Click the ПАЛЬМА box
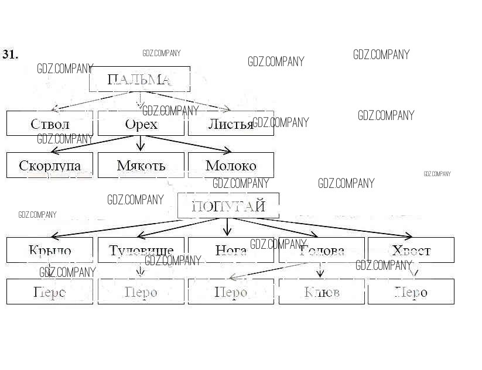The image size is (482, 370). (139, 79)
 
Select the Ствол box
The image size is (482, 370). (50, 124)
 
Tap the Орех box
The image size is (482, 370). (141, 124)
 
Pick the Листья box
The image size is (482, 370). (231, 124)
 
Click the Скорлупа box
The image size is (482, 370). (50, 165)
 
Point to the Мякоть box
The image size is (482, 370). (141, 165)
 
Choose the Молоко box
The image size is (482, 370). (231, 165)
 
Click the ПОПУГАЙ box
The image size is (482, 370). (228, 206)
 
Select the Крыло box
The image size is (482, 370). (50, 250)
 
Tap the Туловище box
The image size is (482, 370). (141, 250)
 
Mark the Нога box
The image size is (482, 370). (231, 250)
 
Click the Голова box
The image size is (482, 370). (322, 250)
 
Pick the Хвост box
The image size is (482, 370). (411, 250)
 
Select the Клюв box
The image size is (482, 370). (322, 292)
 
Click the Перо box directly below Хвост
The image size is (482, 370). (411, 292)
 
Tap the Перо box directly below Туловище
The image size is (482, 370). (141, 292)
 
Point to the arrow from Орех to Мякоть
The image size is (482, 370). (140, 143)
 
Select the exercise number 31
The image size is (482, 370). (11, 54)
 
